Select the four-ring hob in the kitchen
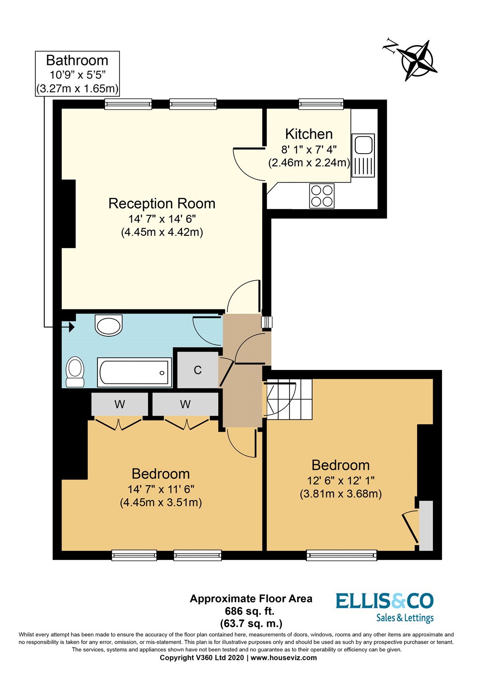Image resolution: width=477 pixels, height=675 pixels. point(322,196)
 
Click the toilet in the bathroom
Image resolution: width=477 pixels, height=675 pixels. point(76,371)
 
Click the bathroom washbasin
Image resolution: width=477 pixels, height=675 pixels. point(109,326)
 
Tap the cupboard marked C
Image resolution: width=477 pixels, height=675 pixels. point(197,370)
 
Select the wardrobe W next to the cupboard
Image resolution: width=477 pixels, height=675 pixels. point(185,405)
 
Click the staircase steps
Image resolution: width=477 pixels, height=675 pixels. point(289,399)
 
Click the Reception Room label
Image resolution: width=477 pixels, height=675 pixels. point(162,203)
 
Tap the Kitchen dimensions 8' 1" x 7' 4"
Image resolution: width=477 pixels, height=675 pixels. point(309,149)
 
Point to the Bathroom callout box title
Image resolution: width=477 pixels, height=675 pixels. point(77,60)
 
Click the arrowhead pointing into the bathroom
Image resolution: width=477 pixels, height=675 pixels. point(71,327)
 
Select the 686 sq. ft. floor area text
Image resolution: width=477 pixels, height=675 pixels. point(250,610)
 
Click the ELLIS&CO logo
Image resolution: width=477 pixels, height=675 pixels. point(384,606)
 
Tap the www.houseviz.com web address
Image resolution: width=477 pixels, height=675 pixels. point(284,658)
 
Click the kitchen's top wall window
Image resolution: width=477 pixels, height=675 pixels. point(321,104)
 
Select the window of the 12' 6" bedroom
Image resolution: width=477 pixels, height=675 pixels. point(341,555)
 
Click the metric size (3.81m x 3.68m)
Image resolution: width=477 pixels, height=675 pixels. point(341,494)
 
